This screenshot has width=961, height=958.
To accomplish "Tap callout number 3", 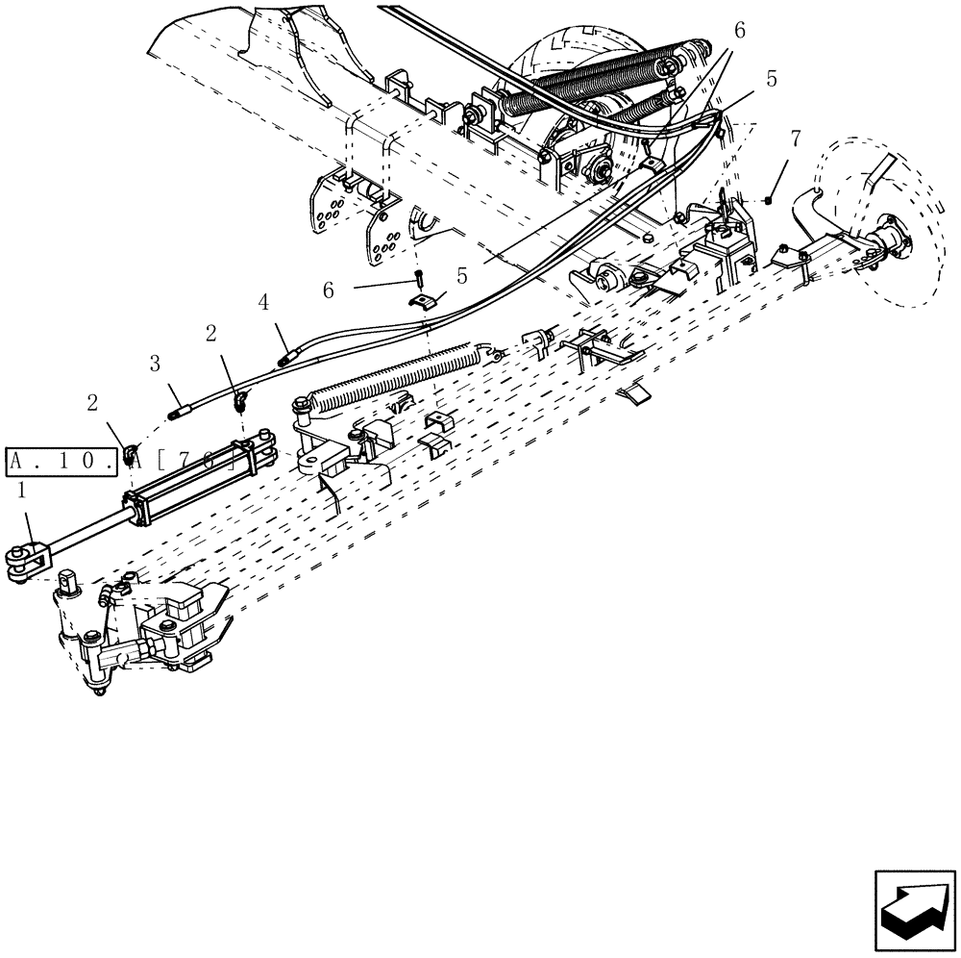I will [154, 365].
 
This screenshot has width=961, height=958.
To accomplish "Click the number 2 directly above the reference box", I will [93, 404].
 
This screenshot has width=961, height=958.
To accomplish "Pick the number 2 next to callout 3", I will [210, 334].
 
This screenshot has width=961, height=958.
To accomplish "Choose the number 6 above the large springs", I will [739, 31].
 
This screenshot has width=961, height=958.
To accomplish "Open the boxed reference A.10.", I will [66, 462].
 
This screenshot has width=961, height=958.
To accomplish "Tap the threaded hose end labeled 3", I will [180, 413].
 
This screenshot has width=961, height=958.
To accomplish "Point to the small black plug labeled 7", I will [770, 200].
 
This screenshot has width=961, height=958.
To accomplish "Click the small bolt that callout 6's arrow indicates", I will [420, 280].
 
